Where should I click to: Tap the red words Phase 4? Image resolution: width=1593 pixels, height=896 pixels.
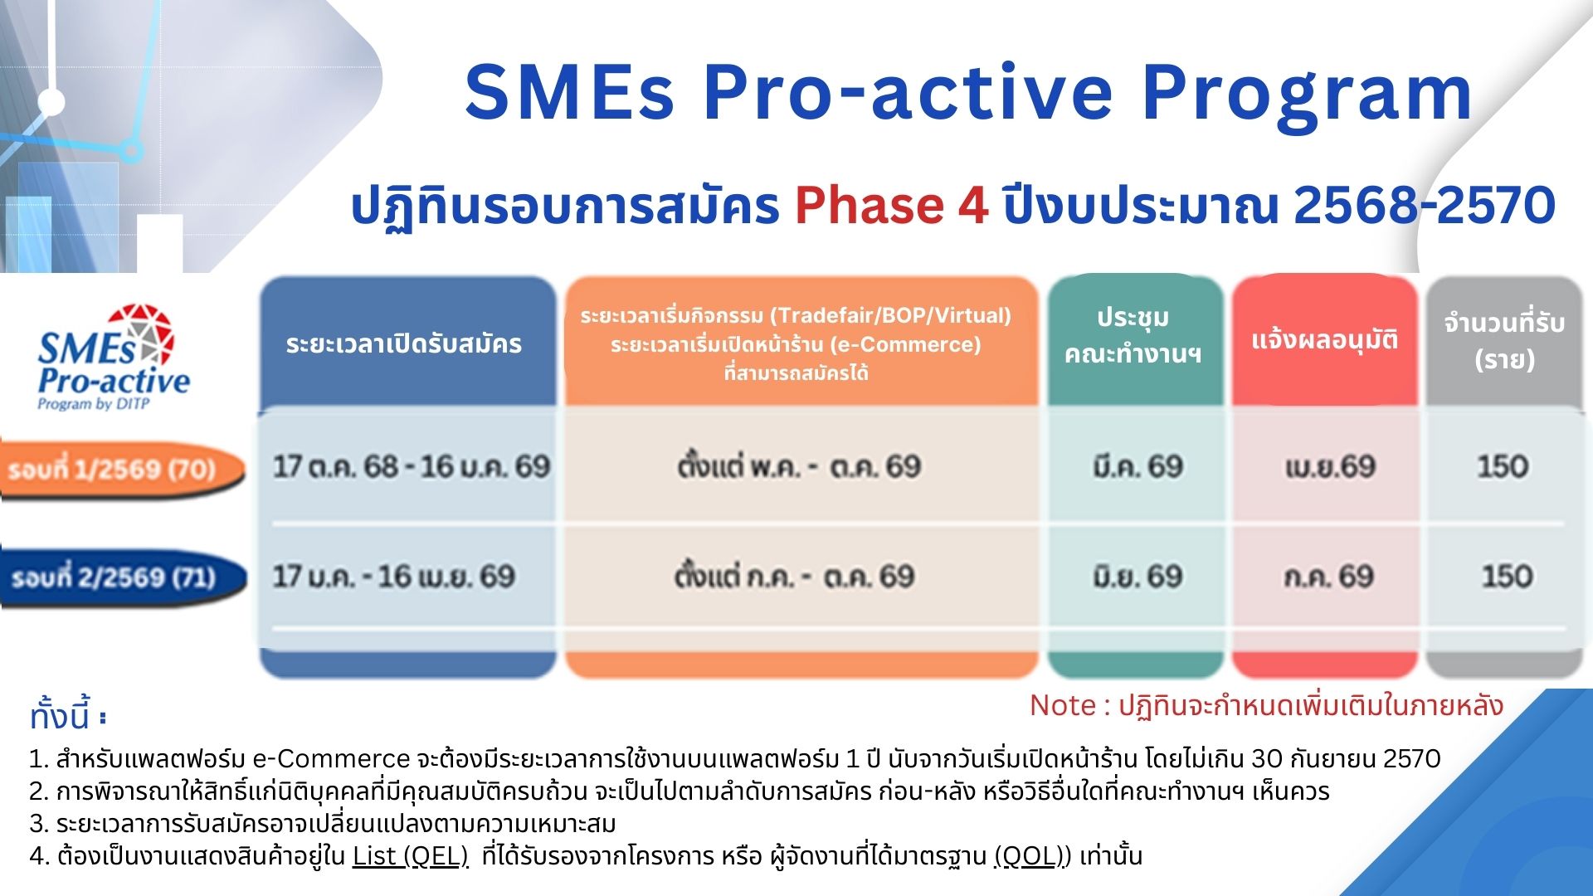(892, 205)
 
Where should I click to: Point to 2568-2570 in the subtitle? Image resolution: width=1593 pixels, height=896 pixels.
(1425, 205)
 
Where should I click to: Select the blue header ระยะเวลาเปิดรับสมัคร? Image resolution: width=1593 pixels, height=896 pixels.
(404, 343)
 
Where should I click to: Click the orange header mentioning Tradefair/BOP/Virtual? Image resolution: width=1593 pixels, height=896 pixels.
(796, 343)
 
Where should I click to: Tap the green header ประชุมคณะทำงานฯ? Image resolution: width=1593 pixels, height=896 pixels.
(1133, 336)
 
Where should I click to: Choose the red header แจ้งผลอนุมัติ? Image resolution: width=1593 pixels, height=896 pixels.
(1325, 339)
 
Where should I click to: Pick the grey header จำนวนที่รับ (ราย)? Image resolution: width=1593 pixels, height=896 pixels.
(1504, 340)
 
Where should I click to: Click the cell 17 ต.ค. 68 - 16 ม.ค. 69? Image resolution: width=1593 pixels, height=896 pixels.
(412, 466)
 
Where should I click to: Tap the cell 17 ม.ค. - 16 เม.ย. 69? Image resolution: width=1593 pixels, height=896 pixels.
(394, 576)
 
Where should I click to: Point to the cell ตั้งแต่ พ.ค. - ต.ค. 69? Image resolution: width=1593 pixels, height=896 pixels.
(799, 466)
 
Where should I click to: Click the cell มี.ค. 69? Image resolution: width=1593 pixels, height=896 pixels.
(1138, 466)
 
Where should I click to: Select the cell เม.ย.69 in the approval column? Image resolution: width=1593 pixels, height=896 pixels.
(1330, 467)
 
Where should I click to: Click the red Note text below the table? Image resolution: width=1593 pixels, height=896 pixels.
(1266, 706)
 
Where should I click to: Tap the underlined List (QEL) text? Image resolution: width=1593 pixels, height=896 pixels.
(411, 855)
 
